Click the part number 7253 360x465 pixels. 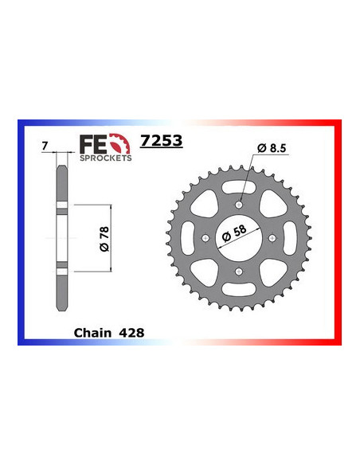[161, 142]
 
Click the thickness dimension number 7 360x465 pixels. [45, 147]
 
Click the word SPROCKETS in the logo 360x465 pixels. [100, 158]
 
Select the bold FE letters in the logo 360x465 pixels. [91, 143]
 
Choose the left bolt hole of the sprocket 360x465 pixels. [206, 239]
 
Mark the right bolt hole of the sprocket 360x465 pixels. [272, 239]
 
